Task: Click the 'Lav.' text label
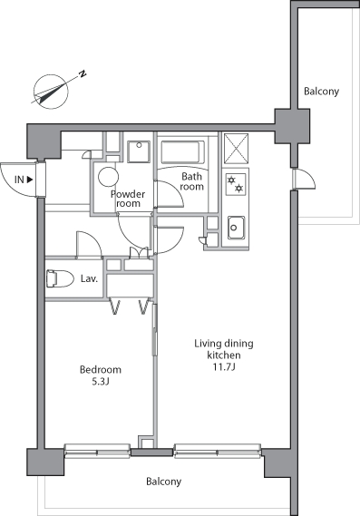coord(89,278)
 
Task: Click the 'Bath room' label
coord(191,181)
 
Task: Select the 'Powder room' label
coord(128,199)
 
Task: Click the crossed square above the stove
coord(237,148)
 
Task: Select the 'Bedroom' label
coord(100,370)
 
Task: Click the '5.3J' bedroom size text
coord(100,384)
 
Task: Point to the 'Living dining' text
coord(224,344)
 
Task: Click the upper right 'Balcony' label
coord(321,92)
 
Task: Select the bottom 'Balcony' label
coord(163,482)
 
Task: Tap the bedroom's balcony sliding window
coord(100,448)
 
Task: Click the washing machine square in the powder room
coord(140,151)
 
